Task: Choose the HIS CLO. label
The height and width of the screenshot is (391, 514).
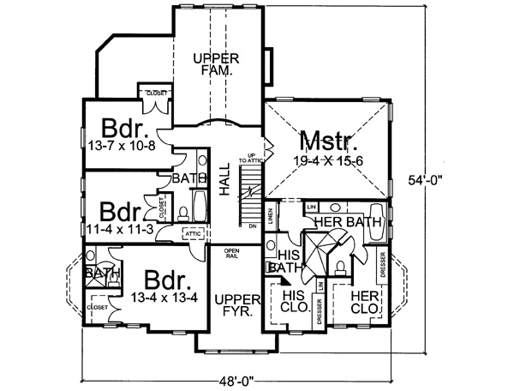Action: coord(295,301)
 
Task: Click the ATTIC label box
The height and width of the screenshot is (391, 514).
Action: coord(193,232)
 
